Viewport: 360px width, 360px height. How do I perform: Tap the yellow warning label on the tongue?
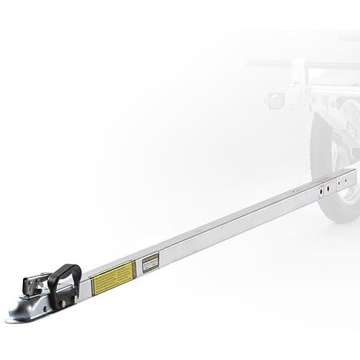pos(114,277)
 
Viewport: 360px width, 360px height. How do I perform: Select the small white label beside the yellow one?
pos(150,262)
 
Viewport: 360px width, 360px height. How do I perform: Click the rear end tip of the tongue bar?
pos(355,176)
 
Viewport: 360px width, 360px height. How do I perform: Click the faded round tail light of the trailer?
pos(276,100)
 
